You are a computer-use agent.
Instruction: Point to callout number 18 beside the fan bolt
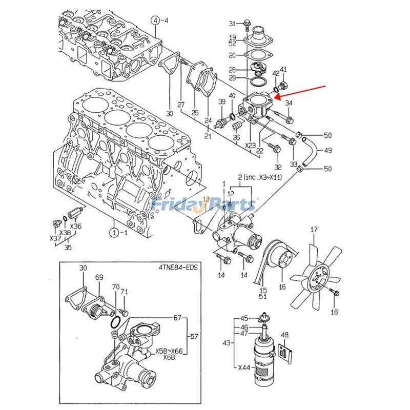pyautogui.click(x=334, y=312)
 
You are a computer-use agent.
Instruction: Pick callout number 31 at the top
pyautogui.click(x=232, y=24)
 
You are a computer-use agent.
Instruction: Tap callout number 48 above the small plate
pyautogui.click(x=285, y=335)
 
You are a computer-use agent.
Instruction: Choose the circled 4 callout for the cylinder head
pyautogui.click(x=155, y=20)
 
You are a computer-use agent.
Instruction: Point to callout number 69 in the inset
pyautogui.click(x=99, y=277)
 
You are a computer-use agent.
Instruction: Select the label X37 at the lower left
pyautogui.click(x=55, y=238)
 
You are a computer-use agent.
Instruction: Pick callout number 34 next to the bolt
pyautogui.click(x=289, y=104)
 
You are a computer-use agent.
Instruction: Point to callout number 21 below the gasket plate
pyautogui.click(x=208, y=136)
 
